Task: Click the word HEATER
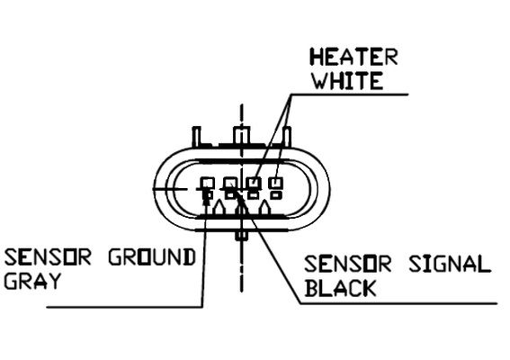tap(353, 58)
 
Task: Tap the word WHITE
tap(348, 81)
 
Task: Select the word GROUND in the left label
tap(152, 256)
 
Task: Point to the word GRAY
tap(32, 281)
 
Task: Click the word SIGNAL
tap(450, 264)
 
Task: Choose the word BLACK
tap(341, 288)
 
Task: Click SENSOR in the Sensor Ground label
tap(48, 256)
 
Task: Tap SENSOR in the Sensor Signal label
tap(348, 264)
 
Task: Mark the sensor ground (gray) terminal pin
tap(207, 188)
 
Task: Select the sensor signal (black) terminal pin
tap(230, 188)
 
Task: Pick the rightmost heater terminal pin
tap(276, 188)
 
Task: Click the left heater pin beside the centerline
tap(254, 188)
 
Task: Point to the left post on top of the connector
tap(197, 136)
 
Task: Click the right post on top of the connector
tap(287, 136)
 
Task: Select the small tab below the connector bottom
tap(241, 235)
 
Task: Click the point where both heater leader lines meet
tap(291, 95)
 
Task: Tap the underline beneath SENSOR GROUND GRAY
tap(124, 307)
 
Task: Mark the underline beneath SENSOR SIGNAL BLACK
tap(398, 303)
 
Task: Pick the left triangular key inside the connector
tap(219, 207)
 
